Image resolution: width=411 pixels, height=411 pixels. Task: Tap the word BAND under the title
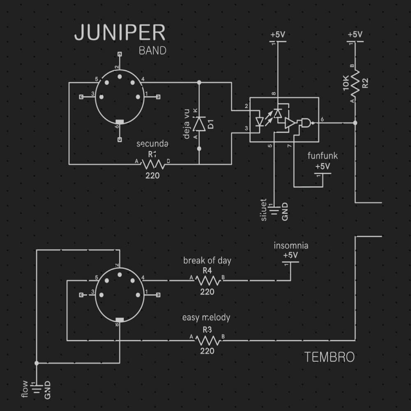152,51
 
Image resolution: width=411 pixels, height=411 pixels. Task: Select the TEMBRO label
329,357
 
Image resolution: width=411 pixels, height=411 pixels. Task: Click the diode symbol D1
199,123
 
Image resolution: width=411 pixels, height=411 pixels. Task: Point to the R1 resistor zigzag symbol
153,164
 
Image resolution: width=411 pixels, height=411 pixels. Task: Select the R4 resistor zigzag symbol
208,281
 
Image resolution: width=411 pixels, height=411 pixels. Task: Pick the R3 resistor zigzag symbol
208,340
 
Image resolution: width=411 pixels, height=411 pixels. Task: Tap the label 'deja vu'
187,123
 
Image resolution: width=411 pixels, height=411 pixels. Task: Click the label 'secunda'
152,144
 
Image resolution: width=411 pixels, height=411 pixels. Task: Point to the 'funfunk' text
323,156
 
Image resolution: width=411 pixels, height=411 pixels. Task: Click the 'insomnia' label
291,246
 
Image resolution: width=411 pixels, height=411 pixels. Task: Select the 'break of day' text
207,261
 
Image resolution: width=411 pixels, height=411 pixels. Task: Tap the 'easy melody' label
206,317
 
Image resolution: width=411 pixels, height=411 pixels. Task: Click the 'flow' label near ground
25,389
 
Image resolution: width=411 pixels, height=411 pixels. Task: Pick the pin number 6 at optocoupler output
322,119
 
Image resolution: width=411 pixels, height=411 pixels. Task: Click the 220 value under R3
207,351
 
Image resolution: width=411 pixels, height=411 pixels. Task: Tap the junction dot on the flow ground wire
37,363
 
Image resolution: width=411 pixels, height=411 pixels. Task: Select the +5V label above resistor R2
355,35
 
